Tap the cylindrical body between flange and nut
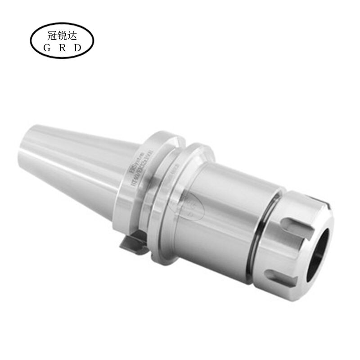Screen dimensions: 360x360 coord(225,202)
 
